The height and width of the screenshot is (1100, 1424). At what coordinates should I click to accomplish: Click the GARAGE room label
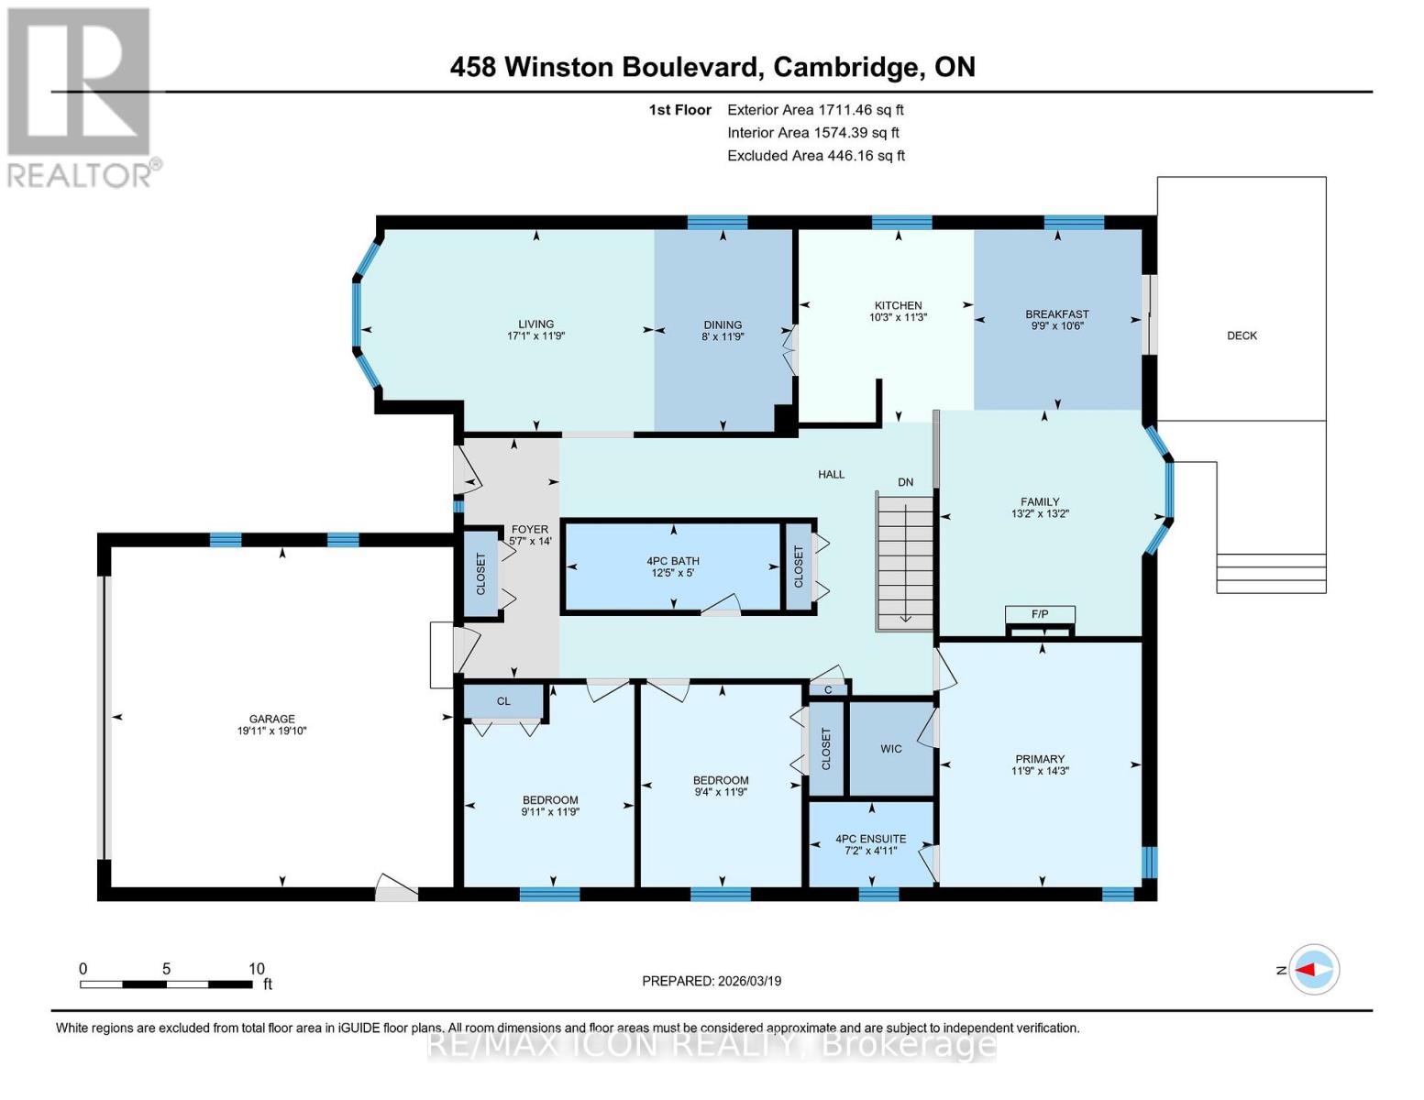coord(271,719)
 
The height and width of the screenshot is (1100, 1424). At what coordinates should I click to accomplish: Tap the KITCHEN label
coord(898,305)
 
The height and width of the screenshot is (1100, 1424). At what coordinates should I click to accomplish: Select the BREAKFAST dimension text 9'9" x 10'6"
coord(1057,325)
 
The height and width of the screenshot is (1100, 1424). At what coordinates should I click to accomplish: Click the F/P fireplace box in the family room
coord(1040,614)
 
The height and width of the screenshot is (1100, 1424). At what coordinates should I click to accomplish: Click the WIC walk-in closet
coord(891,749)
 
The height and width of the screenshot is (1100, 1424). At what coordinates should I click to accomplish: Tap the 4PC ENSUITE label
coord(870,839)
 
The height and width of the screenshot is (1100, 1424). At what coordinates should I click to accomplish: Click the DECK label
coord(1242,335)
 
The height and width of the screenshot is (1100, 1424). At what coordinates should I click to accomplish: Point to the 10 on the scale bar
coord(256,969)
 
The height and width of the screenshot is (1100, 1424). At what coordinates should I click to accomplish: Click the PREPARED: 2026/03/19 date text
coord(712,981)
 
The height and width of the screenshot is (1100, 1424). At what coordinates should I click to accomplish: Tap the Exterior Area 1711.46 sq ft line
coord(815,110)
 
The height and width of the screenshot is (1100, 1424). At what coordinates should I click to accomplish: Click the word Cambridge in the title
coord(846,67)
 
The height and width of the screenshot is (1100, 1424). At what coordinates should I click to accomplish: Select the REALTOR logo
coord(81,96)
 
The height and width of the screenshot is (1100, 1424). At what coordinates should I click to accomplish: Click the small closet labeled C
coord(828,689)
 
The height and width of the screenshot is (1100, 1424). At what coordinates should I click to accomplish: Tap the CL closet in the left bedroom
coord(503,701)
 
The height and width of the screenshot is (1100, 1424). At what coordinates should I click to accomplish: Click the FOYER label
coord(530,529)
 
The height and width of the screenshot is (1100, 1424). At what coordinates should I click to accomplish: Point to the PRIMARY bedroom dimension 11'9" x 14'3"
coord(1040,771)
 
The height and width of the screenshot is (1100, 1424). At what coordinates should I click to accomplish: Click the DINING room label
coord(723,324)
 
